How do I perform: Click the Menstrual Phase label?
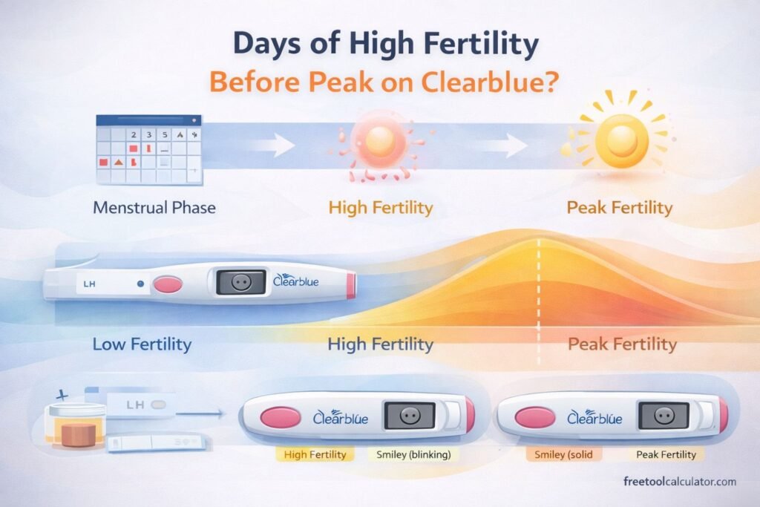(x=154, y=207)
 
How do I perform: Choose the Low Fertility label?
(x=142, y=344)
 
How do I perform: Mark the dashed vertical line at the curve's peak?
(x=540, y=282)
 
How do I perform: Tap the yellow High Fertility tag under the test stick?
(x=315, y=454)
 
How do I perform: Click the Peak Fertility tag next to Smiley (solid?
(x=666, y=454)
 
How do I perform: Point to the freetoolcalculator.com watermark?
(x=680, y=482)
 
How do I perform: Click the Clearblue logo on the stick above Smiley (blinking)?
(x=342, y=417)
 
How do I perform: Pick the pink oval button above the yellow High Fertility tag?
(x=281, y=417)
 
